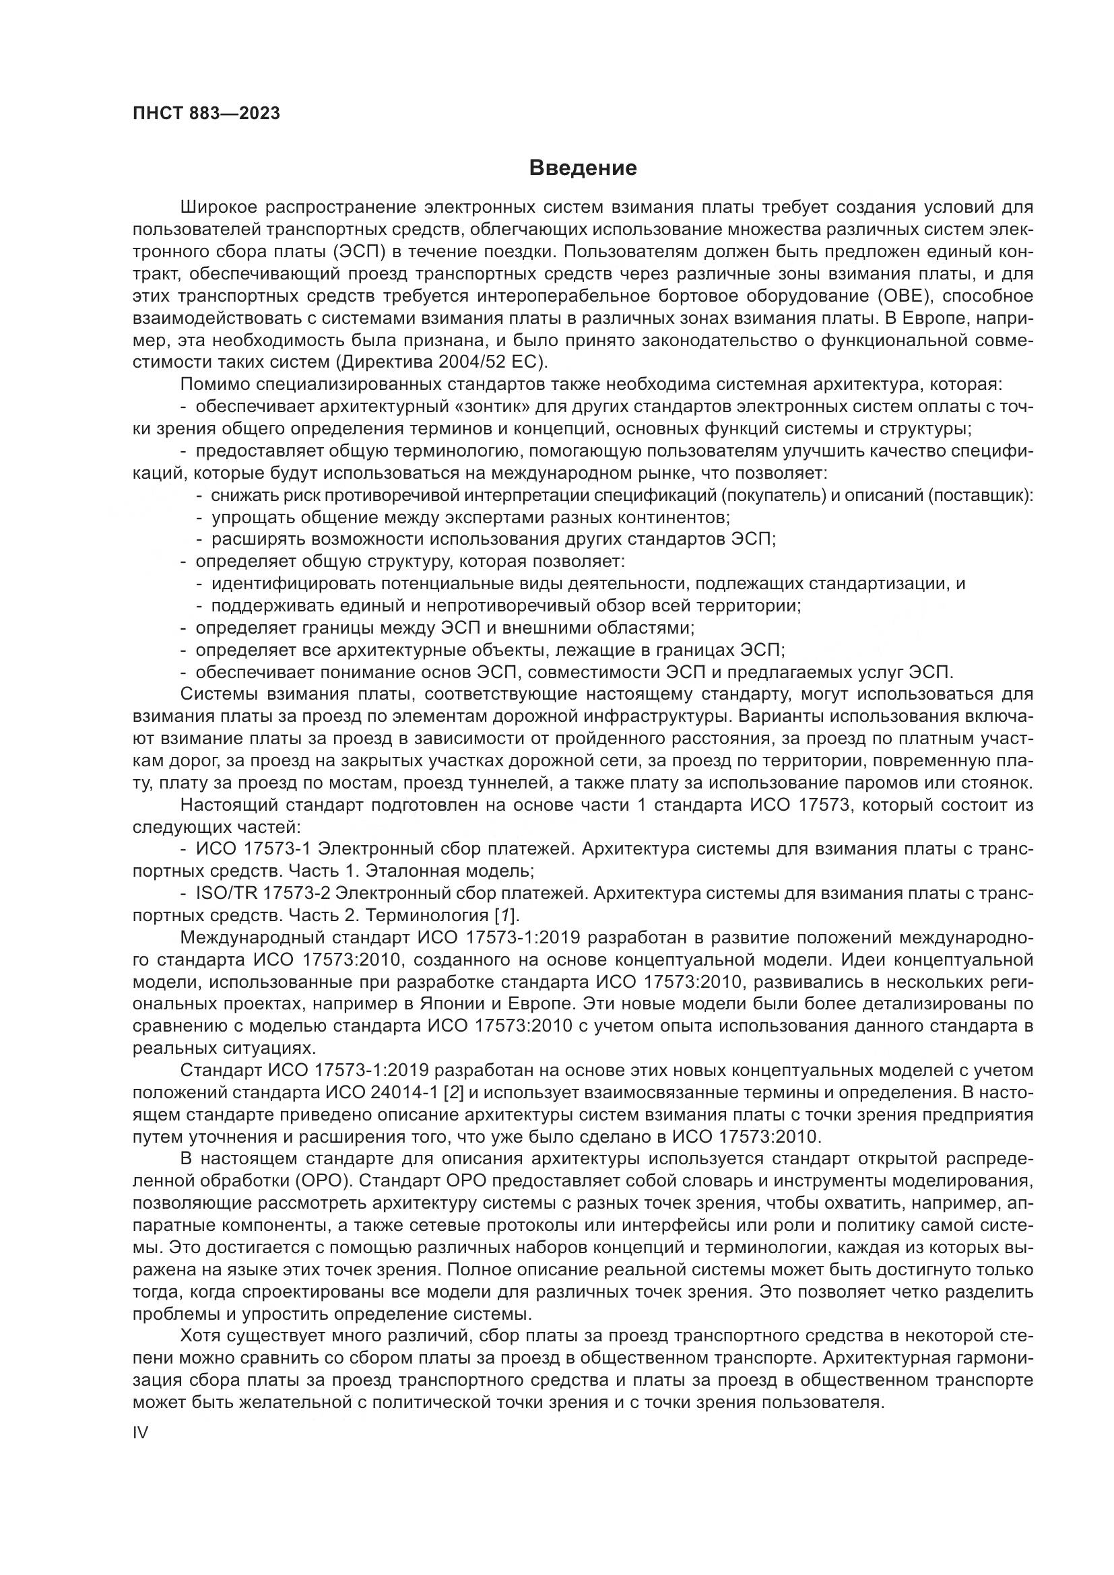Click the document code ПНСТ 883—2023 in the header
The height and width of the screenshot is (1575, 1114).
[207, 114]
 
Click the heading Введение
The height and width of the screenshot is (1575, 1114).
[583, 168]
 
